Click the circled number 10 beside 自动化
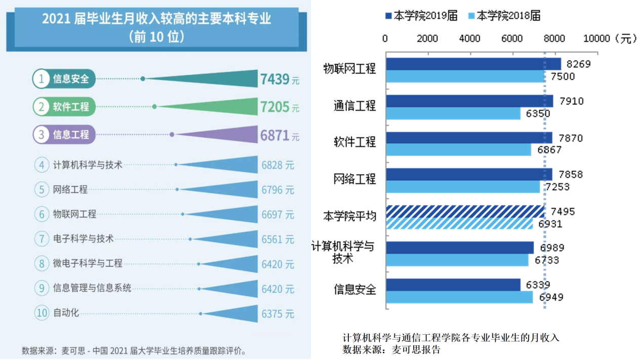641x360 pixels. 42,313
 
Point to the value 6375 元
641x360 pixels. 277,314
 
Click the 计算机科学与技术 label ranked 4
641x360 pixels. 88,165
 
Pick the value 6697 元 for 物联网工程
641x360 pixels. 277,215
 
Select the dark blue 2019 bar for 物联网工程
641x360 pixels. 473,64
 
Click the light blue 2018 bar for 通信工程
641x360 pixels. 453,113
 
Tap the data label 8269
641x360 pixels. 578,64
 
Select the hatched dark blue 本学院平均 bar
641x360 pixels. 464,211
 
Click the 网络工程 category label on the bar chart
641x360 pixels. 354,179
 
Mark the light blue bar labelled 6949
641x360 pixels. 459,297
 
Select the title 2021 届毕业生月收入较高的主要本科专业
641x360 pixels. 156,20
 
